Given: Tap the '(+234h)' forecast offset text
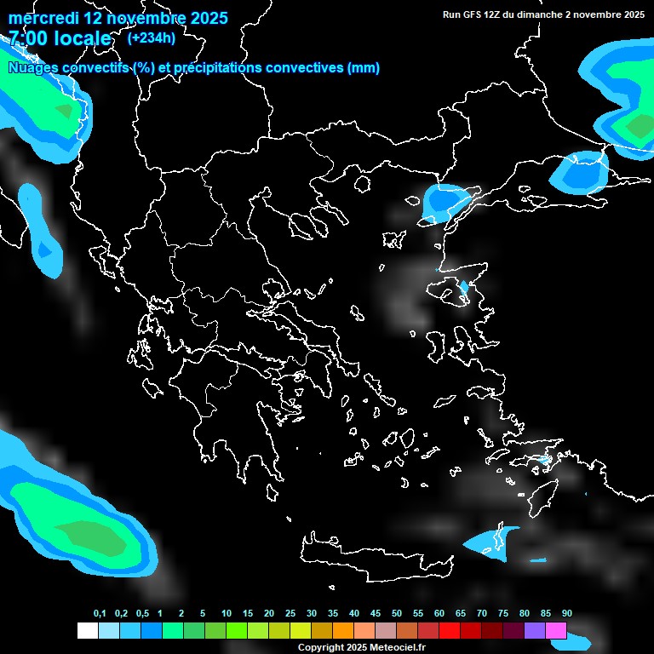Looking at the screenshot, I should tap(152, 38).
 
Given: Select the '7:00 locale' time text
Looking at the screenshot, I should tap(60, 38).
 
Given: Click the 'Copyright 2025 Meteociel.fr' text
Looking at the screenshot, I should tap(361, 648).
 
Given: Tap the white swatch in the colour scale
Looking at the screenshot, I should tap(87, 631).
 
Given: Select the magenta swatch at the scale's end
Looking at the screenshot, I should tap(556, 631).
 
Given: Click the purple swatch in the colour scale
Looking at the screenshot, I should tap(535, 631).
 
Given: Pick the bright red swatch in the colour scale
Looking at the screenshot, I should tap(450, 631).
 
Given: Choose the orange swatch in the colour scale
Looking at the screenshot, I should tap(343, 631).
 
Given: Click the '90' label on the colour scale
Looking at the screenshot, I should tap(567, 614).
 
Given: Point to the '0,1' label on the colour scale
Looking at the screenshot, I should tap(100, 614).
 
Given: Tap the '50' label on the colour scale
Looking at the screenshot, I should tap(397, 614).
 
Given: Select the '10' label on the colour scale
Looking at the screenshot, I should tap(227, 614).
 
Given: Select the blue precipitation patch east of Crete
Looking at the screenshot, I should tap(494, 542).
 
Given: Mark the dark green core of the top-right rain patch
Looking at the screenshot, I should tap(636, 126).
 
